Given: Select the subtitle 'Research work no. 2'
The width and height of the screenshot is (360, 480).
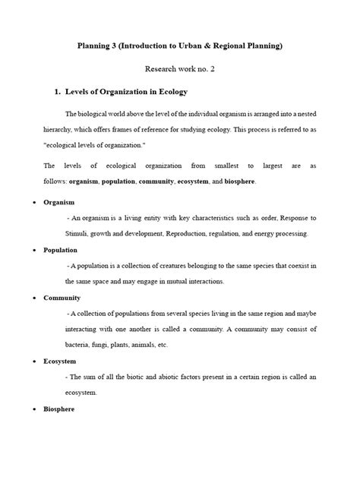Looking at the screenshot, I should coord(180,68).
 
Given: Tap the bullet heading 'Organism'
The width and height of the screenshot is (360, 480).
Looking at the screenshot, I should coord(58,203).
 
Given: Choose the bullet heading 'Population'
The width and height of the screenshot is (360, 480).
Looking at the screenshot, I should coord(61,249).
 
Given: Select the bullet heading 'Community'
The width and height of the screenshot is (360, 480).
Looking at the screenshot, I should coord(62,297).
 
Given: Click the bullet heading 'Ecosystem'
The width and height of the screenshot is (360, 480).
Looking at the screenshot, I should coord(61,362).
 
